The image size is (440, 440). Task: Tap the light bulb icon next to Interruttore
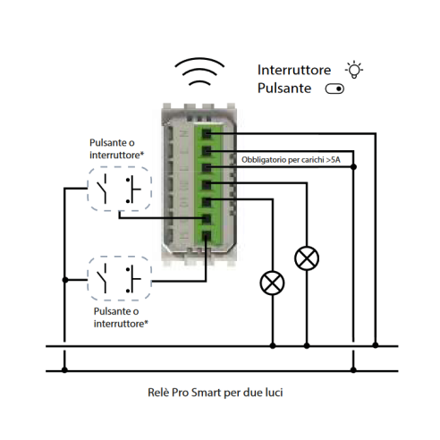[354, 70]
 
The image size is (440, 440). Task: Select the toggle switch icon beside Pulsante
[334, 89]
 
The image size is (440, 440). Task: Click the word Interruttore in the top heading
[294, 70]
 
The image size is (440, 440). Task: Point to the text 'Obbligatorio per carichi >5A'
[291, 160]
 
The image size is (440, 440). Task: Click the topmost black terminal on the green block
[207, 133]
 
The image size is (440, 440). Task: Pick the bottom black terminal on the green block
[207, 236]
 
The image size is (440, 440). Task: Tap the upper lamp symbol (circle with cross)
[307, 258]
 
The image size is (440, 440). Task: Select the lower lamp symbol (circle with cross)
[272, 283]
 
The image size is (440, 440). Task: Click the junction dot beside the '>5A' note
[353, 167]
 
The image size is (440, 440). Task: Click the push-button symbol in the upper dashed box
[133, 190]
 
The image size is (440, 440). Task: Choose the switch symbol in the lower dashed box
[102, 278]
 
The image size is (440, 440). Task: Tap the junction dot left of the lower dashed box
[65, 280]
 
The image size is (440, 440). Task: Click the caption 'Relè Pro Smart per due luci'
[216, 393]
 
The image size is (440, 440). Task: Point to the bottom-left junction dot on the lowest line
[64, 370]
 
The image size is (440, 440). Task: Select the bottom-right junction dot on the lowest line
[353, 370]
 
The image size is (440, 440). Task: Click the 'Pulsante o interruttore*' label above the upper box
[116, 148]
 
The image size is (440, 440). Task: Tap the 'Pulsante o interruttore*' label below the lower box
[121, 317]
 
